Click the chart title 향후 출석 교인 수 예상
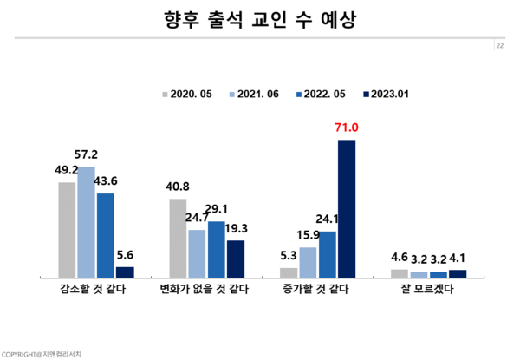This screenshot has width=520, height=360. click(x=260, y=19)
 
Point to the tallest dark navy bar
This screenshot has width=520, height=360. click(x=347, y=208)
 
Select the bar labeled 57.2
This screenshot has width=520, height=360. click(x=86, y=222)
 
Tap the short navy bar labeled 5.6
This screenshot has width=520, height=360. click(x=125, y=272)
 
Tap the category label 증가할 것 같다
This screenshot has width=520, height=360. click(x=316, y=290)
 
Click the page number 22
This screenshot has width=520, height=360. click(x=500, y=46)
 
